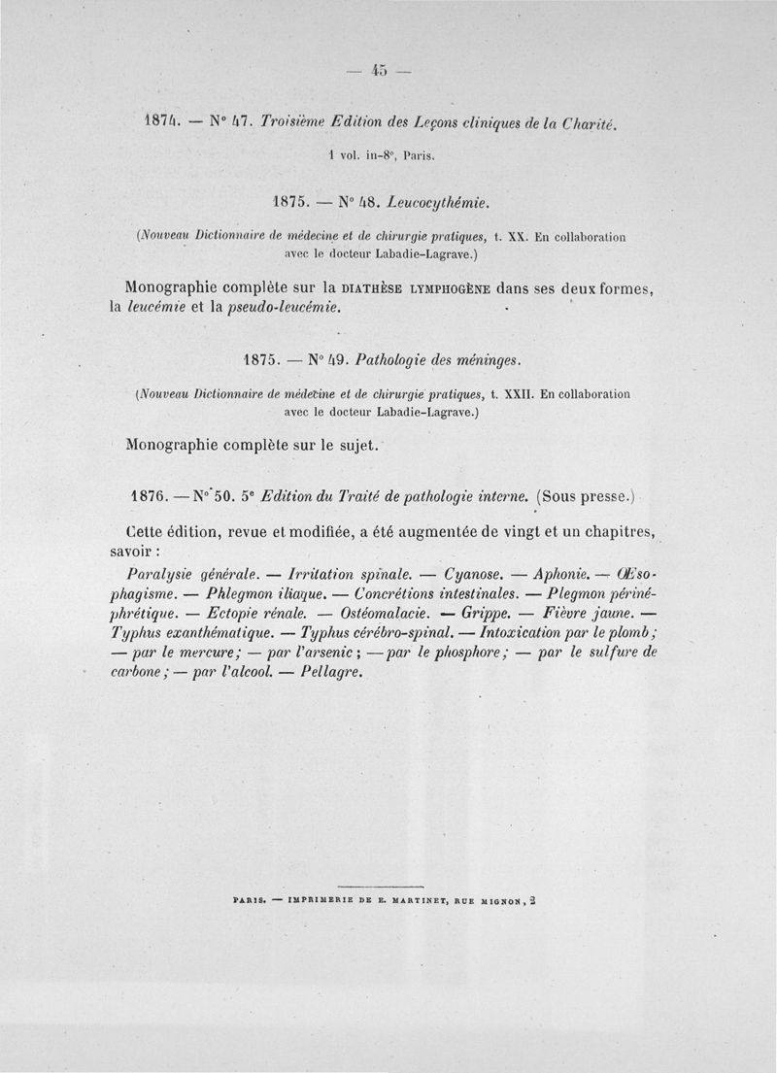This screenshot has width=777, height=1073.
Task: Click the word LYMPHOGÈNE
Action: coord(448,288)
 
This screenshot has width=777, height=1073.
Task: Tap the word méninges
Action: coord(482,362)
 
